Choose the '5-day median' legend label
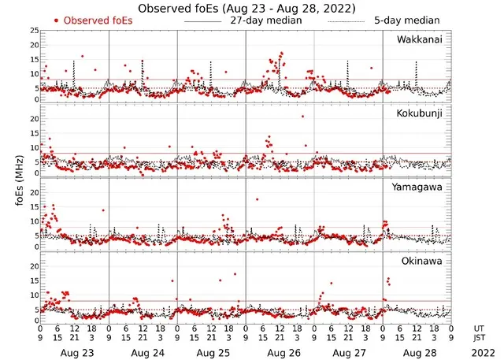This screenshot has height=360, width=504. click(x=406, y=20)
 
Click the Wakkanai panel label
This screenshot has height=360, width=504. click(x=420, y=39)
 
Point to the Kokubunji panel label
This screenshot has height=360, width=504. click(x=420, y=113)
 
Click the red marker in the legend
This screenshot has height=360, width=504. click(x=57, y=20)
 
